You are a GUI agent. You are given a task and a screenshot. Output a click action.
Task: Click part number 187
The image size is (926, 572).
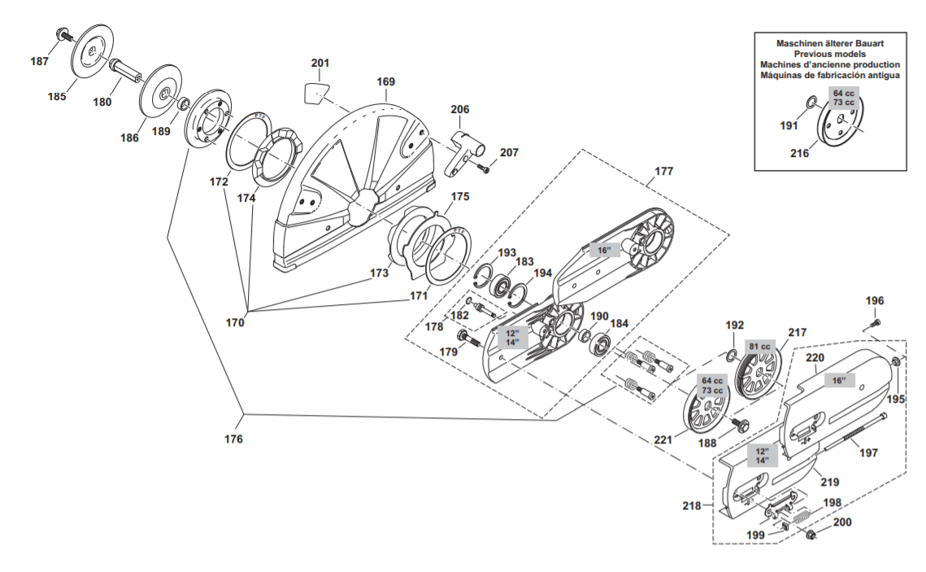pyautogui.click(x=39, y=62)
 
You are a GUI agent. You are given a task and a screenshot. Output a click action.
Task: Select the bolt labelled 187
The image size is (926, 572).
pyautogui.click(x=63, y=33)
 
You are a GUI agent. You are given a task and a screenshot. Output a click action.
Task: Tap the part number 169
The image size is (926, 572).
pyautogui.click(x=385, y=82)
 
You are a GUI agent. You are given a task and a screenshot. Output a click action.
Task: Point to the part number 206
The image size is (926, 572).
pyautogui.click(x=460, y=110)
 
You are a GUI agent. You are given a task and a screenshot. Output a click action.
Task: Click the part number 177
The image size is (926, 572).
pyautogui.click(x=664, y=172)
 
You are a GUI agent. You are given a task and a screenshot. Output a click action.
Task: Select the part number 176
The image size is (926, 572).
pyautogui.click(x=234, y=439)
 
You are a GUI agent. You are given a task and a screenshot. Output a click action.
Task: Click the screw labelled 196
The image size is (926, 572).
pyautogui.click(x=875, y=324)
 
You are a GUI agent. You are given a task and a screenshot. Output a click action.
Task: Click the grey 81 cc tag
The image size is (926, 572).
pyautogui.click(x=759, y=346)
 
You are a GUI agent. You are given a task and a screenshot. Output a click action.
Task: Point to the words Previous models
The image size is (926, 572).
pyautogui.click(x=829, y=53)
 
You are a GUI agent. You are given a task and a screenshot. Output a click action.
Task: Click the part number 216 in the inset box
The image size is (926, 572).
pyautogui.click(x=800, y=153)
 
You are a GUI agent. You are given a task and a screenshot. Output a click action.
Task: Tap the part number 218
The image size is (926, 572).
pyautogui.click(x=692, y=506)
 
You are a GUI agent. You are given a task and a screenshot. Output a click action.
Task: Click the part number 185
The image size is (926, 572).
pyautogui.click(x=56, y=97)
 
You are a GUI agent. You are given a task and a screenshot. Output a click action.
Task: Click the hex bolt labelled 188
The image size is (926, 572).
pyautogui.click(x=741, y=424)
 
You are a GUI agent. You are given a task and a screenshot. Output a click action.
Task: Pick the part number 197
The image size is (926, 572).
pyautogui.click(x=868, y=453)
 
